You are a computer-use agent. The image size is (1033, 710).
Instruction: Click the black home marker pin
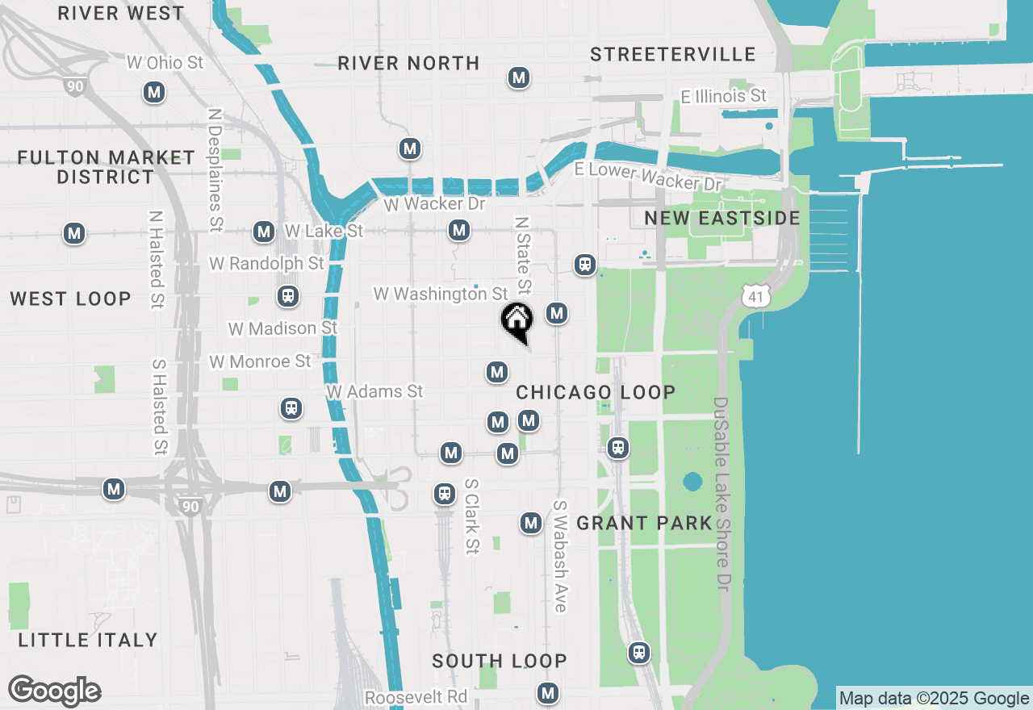(x=516, y=320)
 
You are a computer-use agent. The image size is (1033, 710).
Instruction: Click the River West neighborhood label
(x=122, y=14)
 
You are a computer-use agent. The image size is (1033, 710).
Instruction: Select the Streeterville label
(x=673, y=55)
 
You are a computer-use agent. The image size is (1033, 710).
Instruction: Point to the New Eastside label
(x=722, y=219)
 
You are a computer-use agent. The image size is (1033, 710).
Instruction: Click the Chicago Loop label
(x=596, y=393)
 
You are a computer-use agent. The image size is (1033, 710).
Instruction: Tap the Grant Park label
(x=645, y=524)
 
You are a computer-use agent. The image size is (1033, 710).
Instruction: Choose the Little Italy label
(x=88, y=641)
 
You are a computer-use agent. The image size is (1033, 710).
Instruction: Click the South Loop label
(x=500, y=662)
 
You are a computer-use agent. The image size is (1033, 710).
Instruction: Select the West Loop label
(x=71, y=299)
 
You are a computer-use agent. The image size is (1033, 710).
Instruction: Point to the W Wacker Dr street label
(x=434, y=204)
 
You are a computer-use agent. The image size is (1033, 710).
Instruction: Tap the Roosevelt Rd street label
(x=416, y=697)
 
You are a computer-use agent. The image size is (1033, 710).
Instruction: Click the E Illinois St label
(x=724, y=97)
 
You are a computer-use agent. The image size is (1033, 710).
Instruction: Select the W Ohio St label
(x=165, y=62)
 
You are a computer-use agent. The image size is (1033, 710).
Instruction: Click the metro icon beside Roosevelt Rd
(x=548, y=692)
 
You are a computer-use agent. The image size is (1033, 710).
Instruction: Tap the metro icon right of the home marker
(x=556, y=313)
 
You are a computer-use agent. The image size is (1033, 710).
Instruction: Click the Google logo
(x=54, y=691)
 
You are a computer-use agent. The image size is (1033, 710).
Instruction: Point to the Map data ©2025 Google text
(x=934, y=699)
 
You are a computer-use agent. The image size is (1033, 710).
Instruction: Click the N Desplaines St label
(x=215, y=170)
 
